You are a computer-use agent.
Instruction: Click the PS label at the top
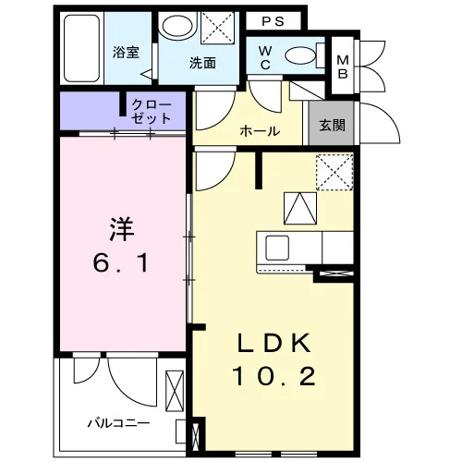click(x=273, y=21)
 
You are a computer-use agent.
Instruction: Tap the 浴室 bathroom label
click(x=126, y=52)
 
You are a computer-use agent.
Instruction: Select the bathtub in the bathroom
click(x=81, y=48)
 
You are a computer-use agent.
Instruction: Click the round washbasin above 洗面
click(x=177, y=26)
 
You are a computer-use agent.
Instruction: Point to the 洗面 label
click(x=202, y=63)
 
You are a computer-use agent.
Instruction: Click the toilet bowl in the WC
click(x=300, y=55)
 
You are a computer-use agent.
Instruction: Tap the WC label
click(x=265, y=57)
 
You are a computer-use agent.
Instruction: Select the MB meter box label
click(x=343, y=67)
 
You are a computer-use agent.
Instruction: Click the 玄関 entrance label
click(x=332, y=126)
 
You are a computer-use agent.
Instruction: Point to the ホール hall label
click(x=260, y=131)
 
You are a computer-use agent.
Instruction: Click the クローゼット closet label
click(x=151, y=112)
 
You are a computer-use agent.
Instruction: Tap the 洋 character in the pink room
click(x=122, y=229)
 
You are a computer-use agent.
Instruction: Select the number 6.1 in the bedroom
click(x=121, y=263)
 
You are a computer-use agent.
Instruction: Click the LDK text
click(x=274, y=343)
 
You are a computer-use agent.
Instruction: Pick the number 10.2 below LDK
click(x=274, y=376)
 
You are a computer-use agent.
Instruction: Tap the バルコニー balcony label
click(x=119, y=423)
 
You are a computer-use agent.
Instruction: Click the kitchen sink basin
click(x=277, y=248)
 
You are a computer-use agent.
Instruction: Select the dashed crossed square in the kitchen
click(x=334, y=172)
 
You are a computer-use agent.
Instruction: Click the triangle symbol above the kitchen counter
click(x=300, y=208)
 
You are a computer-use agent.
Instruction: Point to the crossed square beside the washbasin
click(x=217, y=28)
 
